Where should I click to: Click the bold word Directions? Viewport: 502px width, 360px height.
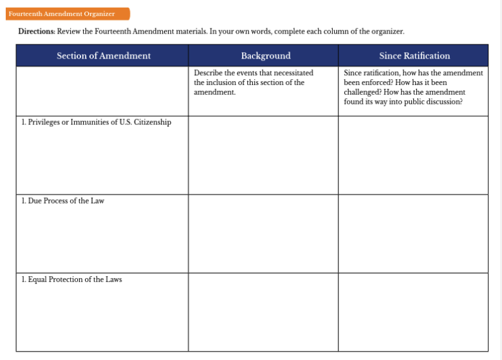click(36, 32)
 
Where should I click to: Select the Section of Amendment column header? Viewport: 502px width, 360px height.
click(103, 56)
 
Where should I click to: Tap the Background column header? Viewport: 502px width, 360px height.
click(265, 56)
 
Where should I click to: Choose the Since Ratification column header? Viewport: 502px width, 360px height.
click(414, 56)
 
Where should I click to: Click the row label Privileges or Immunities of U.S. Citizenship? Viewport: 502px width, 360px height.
click(97, 122)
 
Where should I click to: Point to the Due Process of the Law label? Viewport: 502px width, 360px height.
click(63, 201)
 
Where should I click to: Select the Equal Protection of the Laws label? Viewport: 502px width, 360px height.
click(72, 279)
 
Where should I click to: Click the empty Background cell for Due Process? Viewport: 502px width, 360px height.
click(263, 234)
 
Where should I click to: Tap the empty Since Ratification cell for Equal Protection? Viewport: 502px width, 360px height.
click(413, 312)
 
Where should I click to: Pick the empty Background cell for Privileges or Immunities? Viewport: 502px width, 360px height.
click(263, 155)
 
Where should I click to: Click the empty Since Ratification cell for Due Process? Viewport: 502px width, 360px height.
click(413, 234)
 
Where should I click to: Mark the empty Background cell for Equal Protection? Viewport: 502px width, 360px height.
click(263, 312)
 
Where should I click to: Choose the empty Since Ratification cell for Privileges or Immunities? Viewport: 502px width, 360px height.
click(413, 155)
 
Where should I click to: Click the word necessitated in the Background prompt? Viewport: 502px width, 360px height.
click(293, 73)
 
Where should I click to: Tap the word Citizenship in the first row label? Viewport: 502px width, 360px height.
click(152, 122)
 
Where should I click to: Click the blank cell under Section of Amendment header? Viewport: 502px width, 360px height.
click(102, 91)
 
